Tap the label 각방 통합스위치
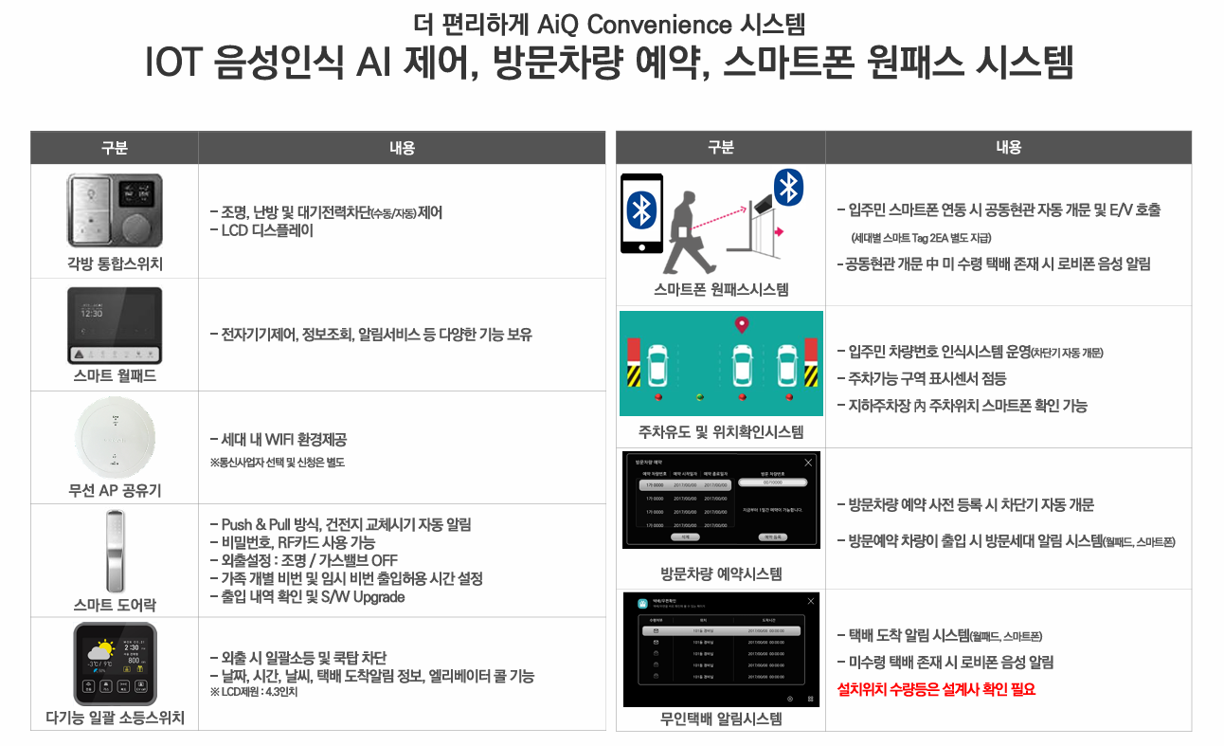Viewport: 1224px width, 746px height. pos(114,263)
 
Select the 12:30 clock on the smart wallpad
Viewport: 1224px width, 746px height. pos(92,313)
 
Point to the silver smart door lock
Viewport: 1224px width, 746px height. pos(114,549)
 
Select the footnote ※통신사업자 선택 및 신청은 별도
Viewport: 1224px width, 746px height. pos(277,463)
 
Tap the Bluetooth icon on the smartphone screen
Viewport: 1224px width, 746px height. pos(642,209)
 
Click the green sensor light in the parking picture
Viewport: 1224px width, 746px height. pos(700,397)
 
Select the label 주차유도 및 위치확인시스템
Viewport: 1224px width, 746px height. pos(721,432)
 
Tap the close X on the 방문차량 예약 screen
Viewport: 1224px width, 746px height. pos(807,463)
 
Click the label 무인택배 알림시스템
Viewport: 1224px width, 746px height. pos(721,719)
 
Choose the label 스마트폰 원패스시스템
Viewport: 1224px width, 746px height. pos(721,290)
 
